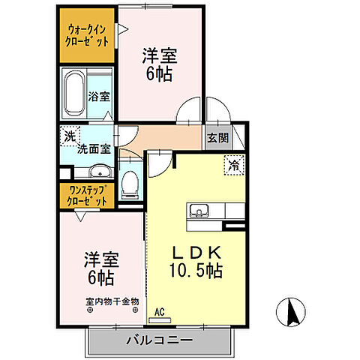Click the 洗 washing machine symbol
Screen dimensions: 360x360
pos(69,136)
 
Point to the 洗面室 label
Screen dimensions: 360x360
pos(94,148)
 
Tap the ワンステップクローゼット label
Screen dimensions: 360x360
pos(86,196)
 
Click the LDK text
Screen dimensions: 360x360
pos(197,250)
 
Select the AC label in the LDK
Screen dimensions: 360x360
pos(159,309)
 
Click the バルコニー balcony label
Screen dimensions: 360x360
pos(159,340)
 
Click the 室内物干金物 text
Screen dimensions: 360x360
pos(112,302)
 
